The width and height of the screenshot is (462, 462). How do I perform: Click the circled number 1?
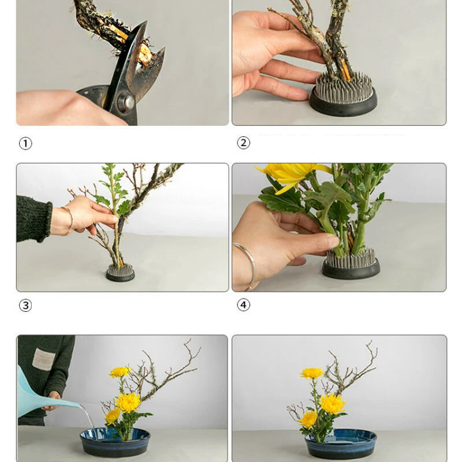25,144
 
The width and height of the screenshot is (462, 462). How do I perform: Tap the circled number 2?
243,143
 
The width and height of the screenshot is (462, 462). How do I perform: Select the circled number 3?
25,305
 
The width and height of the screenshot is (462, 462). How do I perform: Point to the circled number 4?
243,305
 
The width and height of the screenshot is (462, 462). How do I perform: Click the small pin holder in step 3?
120,273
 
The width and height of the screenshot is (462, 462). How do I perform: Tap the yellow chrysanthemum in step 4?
292,176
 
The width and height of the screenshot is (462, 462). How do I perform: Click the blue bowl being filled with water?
115,442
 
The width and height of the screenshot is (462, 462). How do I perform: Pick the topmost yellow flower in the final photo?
312,373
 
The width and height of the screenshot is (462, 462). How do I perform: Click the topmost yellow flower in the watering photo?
120,372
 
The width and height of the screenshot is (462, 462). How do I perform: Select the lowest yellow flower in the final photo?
308,419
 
